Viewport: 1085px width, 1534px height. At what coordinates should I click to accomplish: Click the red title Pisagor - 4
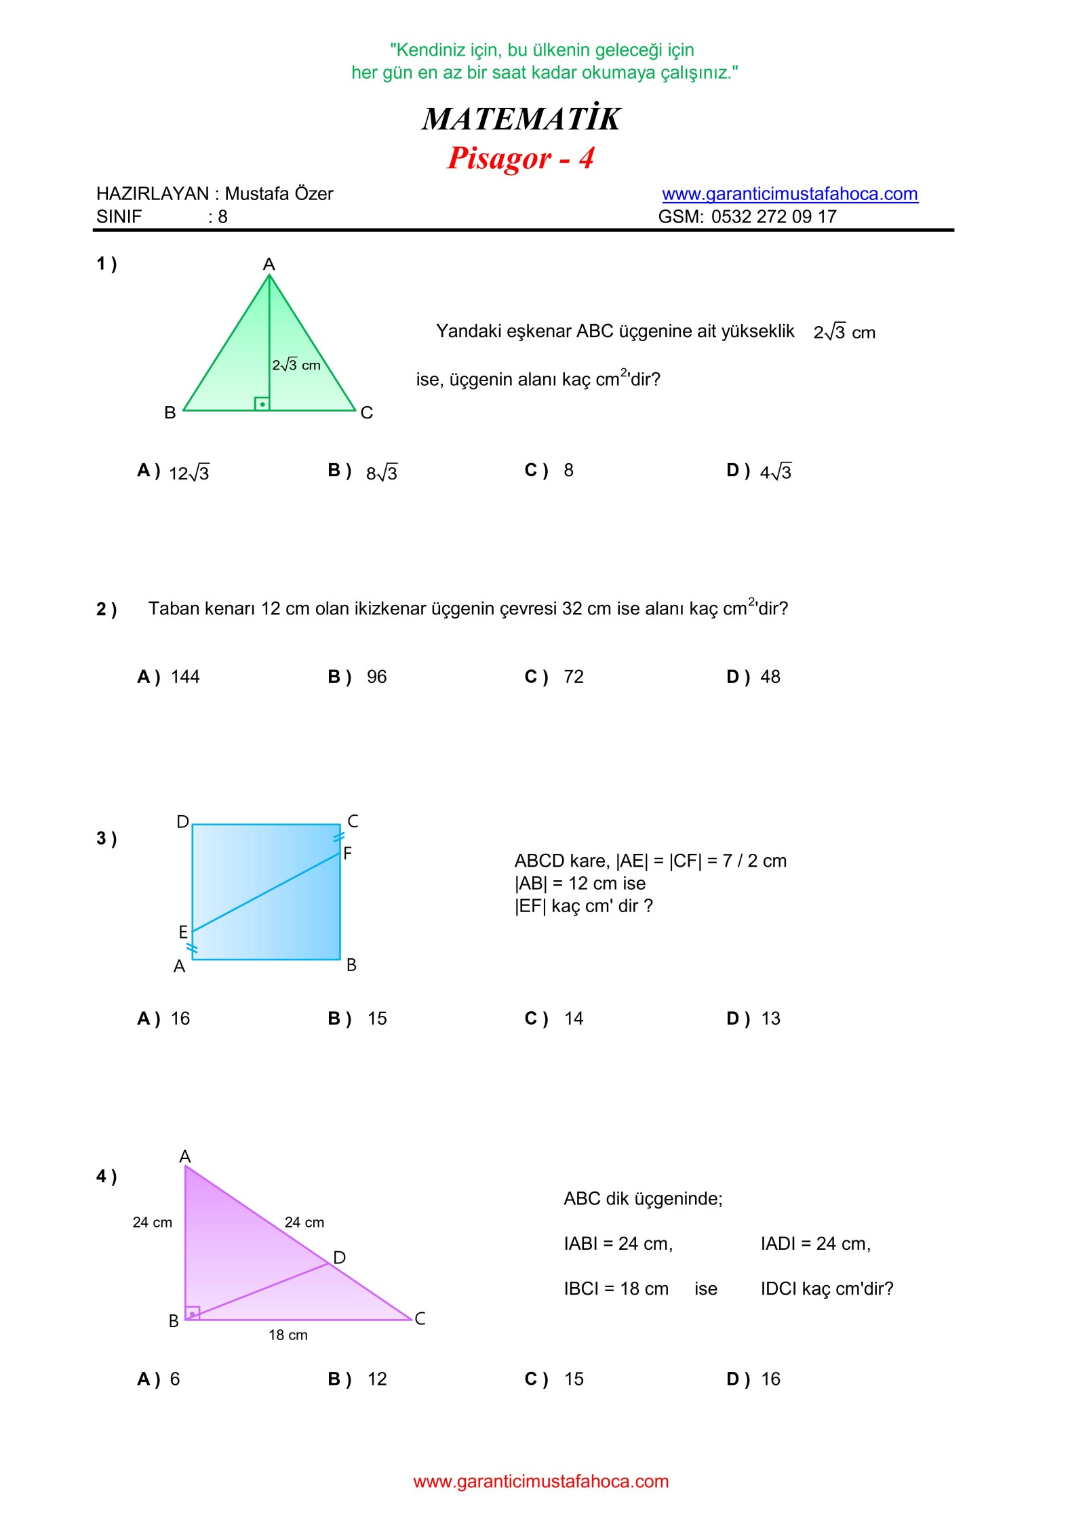coord(520,158)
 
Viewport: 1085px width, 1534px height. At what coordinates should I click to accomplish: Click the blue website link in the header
coord(789,194)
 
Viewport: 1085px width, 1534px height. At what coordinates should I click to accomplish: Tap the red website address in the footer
coord(540,1481)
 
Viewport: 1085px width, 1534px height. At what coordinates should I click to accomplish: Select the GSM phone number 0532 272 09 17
coord(774,217)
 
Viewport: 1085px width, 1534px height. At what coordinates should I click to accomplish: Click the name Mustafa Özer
coord(279,194)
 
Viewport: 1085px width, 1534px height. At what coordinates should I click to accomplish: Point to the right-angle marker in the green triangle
coord(262,404)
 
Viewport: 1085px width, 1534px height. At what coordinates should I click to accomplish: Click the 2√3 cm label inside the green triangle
coord(296,365)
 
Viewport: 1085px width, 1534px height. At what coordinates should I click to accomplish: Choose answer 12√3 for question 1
coord(189,473)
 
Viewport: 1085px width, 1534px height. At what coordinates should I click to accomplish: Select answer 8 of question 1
coord(568,471)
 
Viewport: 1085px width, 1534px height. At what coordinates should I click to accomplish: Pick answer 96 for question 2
coord(376,677)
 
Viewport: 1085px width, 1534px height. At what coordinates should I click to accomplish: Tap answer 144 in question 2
coord(185,677)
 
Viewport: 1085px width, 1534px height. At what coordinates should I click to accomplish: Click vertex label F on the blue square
coord(348,853)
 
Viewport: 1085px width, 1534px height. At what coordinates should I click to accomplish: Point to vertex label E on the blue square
coord(183,932)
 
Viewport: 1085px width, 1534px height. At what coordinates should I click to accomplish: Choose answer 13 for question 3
coord(770,1019)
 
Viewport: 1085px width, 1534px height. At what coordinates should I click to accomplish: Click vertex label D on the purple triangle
coord(340,1258)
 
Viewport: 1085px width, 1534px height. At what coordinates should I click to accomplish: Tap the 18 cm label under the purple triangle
coord(288,1335)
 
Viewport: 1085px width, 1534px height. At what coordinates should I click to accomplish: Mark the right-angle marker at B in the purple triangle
coord(193,1314)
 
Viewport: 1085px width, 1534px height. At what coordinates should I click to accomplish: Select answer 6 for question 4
coord(175,1379)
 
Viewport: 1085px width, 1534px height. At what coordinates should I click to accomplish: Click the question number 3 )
coord(106,839)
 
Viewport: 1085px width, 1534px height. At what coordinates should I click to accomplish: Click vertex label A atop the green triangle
coord(269,264)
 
